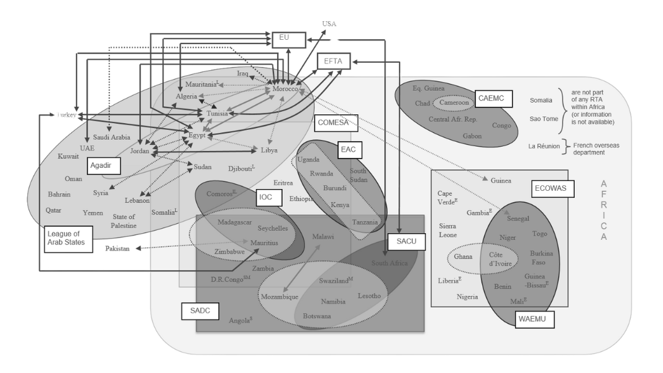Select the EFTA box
pos(334,61)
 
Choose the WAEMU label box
pos(534,320)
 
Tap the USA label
pos(330,24)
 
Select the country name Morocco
pos(286,90)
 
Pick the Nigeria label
pos(467,297)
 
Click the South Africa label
pos(390,263)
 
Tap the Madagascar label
pos(235,222)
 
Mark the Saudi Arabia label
pos(112,137)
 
